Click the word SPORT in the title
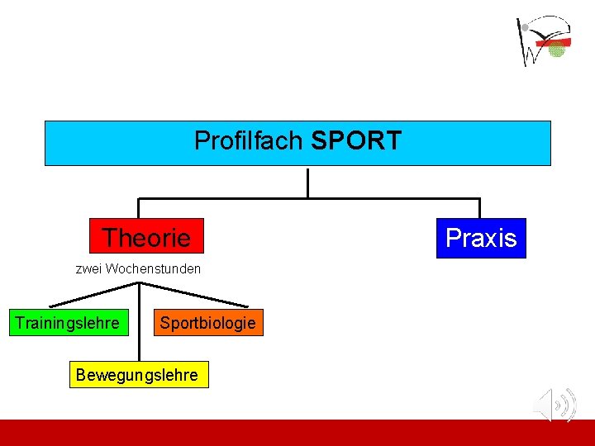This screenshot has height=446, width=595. pyautogui.click(x=356, y=141)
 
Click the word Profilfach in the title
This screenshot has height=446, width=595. pyautogui.click(x=249, y=141)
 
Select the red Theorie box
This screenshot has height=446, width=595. pyautogui.click(x=146, y=237)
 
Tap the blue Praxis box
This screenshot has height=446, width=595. pyautogui.click(x=481, y=238)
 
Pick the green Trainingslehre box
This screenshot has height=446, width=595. pyautogui.click(x=67, y=323)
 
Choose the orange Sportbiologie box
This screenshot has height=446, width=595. pyautogui.click(x=207, y=323)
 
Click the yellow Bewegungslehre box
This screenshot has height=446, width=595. pyautogui.click(x=137, y=375)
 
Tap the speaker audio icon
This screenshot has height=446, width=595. pyautogui.click(x=555, y=405)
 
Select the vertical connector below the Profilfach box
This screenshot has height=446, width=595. pyautogui.click(x=307, y=183)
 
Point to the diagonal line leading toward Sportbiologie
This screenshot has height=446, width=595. pyautogui.click(x=194, y=295)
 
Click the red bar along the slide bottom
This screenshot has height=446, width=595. pyautogui.click(x=297, y=433)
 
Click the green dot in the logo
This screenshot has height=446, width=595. pyautogui.click(x=557, y=50)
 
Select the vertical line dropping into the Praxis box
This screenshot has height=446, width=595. pyautogui.click(x=479, y=208)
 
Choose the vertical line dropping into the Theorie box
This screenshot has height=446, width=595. pyautogui.click(x=139, y=208)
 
